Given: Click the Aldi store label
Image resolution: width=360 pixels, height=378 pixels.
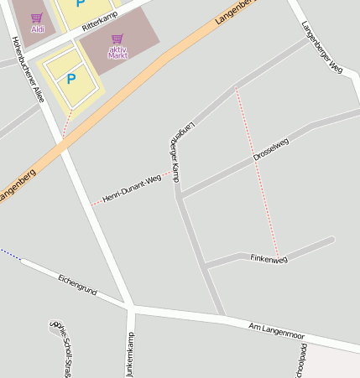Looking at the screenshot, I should point(38,29).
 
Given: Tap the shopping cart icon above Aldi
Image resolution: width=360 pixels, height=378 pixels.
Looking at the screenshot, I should point(36,17).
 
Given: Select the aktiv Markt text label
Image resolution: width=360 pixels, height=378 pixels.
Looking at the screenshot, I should point(118,52).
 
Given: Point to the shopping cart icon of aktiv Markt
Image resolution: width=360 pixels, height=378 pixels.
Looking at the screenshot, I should point(117,39).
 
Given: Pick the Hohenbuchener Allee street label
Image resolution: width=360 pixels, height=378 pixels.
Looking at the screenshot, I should point(27,69).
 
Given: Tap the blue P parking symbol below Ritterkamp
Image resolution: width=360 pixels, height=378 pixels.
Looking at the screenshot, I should point(71,79).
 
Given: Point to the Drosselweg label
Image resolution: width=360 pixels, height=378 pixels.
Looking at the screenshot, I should point(270,150).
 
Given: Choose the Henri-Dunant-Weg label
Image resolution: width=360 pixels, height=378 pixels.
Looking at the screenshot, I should point(131,189).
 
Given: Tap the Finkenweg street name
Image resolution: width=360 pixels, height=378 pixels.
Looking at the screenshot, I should point(269,259).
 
